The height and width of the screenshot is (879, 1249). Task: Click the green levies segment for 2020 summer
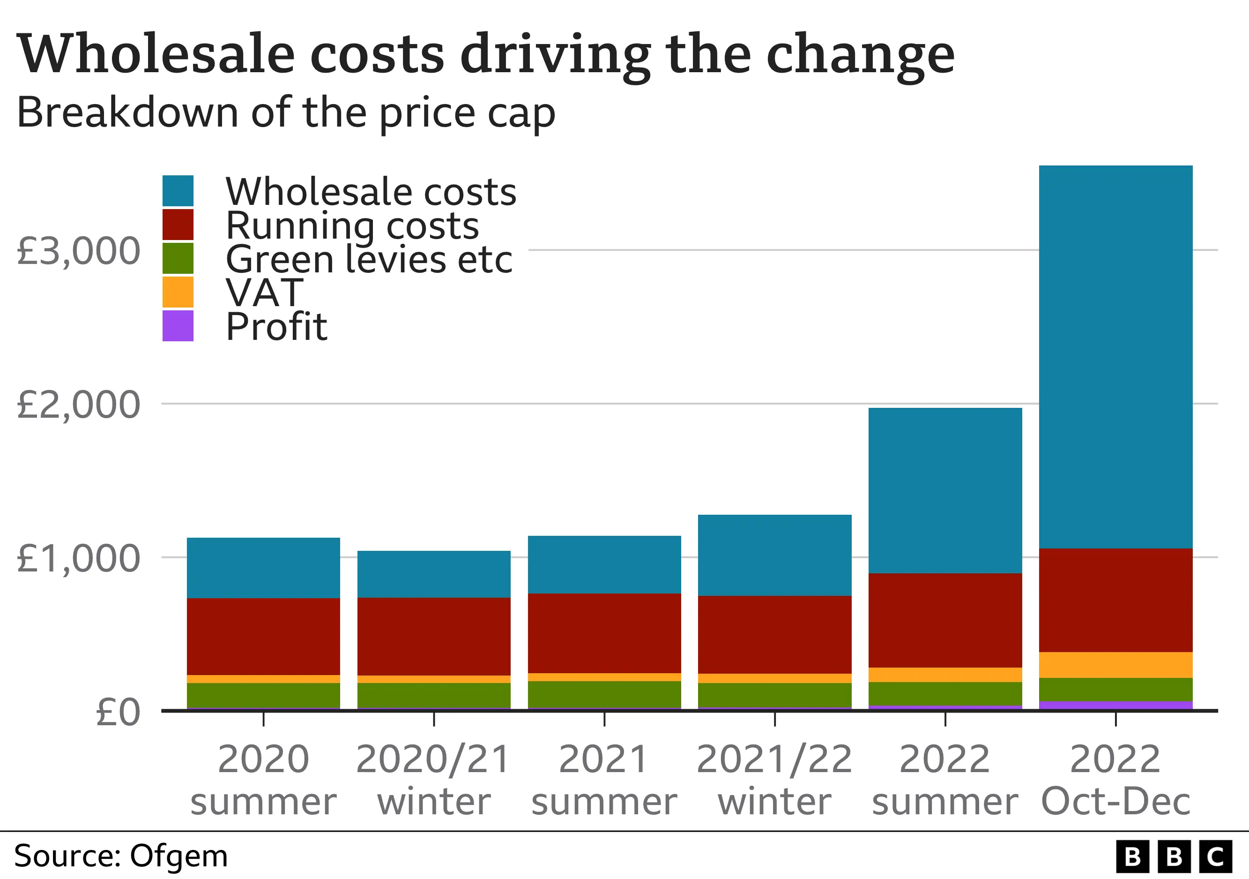click(263, 695)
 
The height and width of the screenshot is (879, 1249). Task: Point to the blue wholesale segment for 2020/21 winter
click(433, 574)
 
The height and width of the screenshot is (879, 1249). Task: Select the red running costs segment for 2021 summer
click(604, 633)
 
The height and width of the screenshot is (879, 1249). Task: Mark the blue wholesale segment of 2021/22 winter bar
click(774, 555)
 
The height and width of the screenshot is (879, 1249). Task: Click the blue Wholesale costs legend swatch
click(178, 190)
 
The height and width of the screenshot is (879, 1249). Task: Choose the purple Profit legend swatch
click(178, 325)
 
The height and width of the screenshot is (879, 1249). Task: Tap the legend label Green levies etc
click(369, 259)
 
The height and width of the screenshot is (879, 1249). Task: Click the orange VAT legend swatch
click(178, 292)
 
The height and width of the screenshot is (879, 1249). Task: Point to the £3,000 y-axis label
click(78, 251)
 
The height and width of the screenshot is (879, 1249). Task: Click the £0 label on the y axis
click(118, 712)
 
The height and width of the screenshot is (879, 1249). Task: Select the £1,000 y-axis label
click(78, 558)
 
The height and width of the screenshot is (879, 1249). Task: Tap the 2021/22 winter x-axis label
click(774, 780)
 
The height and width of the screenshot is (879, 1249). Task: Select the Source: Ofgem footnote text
click(121, 856)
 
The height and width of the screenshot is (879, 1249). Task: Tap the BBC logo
click(1174, 856)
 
